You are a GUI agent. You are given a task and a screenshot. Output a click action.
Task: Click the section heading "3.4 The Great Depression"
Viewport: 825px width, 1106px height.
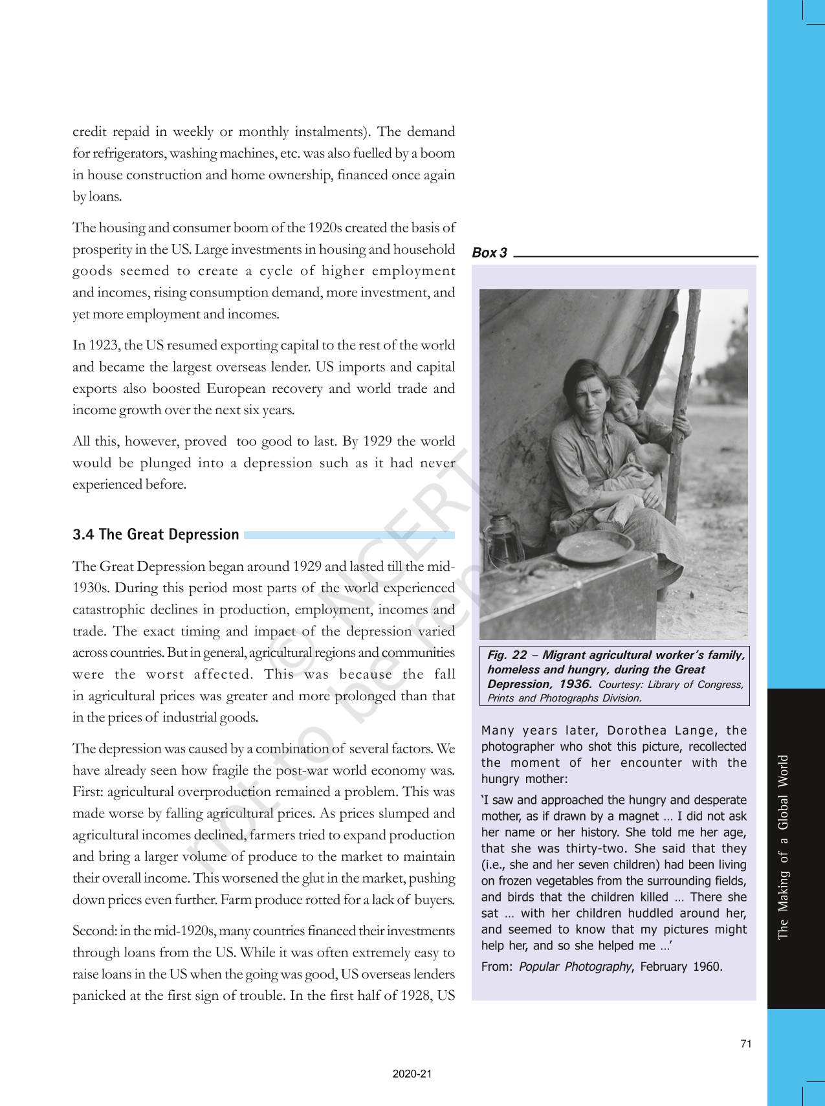click(x=156, y=535)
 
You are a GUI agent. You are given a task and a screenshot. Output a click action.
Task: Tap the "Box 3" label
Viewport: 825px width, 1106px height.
click(x=489, y=253)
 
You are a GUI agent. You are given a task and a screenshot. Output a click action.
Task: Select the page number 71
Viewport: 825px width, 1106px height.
click(x=746, y=1044)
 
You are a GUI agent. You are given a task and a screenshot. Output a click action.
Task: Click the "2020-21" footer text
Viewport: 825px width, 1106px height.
click(x=412, y=1074)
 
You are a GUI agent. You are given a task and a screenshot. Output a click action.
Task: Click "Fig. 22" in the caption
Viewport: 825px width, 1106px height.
click(x=507, y=655)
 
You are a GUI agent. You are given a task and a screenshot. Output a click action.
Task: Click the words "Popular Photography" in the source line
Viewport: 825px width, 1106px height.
click(x=575, y=967)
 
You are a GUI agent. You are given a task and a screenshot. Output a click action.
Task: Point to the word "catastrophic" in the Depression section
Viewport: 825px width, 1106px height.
click(x=108, y=610)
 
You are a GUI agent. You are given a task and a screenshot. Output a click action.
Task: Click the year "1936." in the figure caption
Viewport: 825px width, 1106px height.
click(x=575, y=684)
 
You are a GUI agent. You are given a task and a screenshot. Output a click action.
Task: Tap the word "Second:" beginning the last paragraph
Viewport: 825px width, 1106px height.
click(x=94, y=931)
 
